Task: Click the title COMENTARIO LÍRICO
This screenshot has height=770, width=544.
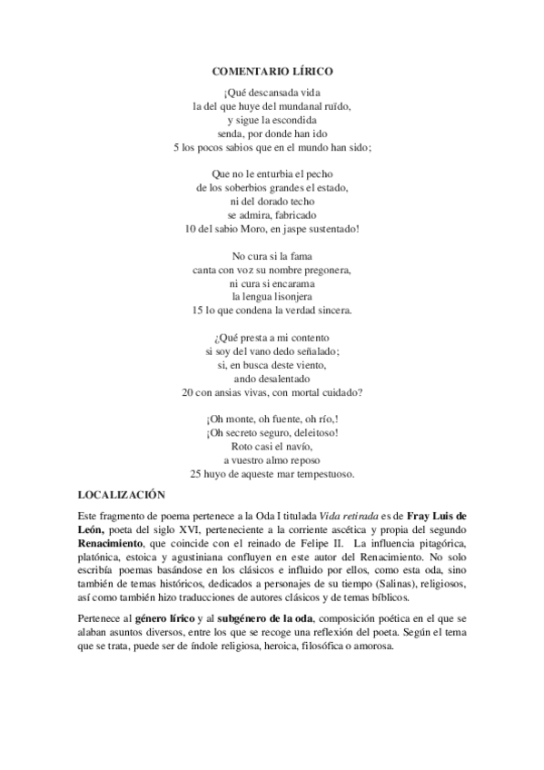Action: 272,70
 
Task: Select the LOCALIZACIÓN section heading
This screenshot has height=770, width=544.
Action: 122,495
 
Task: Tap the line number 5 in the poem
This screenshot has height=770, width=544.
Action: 176,146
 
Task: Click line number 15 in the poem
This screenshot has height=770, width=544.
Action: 197,311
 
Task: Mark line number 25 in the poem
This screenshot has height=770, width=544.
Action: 195,474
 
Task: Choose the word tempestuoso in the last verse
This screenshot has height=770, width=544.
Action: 321,474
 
